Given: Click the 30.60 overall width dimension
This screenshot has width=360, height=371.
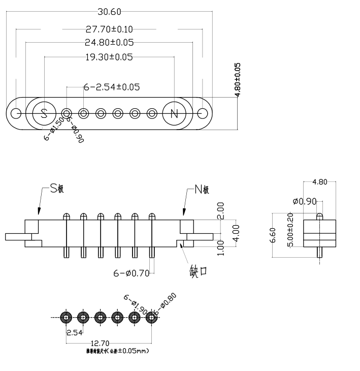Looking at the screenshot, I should [x=109, y=12].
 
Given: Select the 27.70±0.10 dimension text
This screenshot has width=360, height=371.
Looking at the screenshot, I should [x=110, y=30].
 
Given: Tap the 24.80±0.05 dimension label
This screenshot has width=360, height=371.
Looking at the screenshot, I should [x=110, y=43].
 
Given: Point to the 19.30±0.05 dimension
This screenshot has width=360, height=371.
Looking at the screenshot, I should [x=110, y=57].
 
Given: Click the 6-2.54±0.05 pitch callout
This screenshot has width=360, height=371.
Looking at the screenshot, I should [x=112, y=87].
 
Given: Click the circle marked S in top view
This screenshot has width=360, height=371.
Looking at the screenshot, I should [x=44, y=113].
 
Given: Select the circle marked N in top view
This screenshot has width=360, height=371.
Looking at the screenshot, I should [x=174, y=113].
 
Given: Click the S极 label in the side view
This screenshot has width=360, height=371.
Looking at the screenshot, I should [x=56, y=189].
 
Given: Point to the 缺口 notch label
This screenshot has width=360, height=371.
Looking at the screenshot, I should [x=198, y=270].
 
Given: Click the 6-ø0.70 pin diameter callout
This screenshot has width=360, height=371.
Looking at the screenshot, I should [x=131, y=273].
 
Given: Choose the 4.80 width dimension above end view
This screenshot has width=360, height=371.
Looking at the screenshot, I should [x=320, y=181].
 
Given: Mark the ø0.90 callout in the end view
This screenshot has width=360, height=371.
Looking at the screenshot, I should [x=304, y=201].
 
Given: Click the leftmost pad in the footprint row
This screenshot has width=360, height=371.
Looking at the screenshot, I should [x=66, y=318].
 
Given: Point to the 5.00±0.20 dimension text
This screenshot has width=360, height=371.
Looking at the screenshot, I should [x=290, y=230].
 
